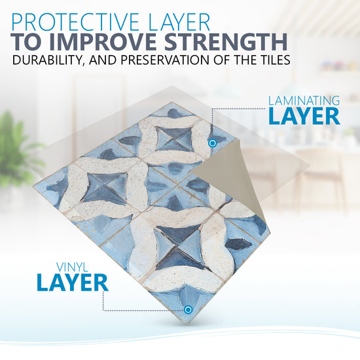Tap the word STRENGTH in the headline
pos(226,42)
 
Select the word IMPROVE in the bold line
pos(105,42)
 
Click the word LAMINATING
pos(304,101)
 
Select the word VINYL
pos(72,267)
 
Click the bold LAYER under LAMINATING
pos(304,116)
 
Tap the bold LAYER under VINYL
pos(73,283)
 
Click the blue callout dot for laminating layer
pos(213,143)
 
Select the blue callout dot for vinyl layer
pos(188,310)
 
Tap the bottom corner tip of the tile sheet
pos(188,324)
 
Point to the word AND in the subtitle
pos(103,60)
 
